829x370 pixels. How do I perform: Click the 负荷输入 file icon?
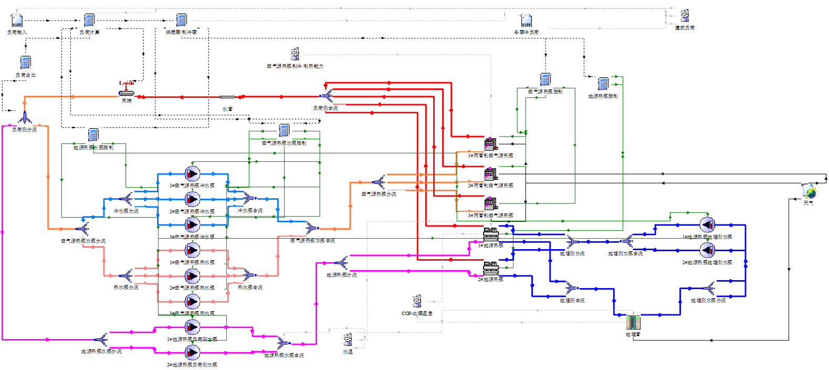17,21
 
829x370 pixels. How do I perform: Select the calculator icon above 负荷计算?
89,20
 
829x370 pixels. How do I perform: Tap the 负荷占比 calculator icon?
25,63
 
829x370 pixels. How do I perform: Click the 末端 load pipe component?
127,94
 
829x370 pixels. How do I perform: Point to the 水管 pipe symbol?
227,97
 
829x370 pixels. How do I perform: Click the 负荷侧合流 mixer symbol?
326,96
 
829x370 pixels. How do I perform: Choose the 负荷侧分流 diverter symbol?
25,118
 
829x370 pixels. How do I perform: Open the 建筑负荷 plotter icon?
685,16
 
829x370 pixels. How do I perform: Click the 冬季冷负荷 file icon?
526,20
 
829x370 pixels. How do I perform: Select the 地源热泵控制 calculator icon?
603,84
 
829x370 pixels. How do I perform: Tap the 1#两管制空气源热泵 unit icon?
490,144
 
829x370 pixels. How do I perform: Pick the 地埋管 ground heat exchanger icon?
633,322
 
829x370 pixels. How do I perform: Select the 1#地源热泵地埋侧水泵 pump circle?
707,225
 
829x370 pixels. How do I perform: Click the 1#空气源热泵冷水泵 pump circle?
192,173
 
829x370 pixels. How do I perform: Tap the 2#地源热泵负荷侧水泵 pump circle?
192,352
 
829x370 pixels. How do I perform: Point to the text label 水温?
348,352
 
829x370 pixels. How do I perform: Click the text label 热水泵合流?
250,287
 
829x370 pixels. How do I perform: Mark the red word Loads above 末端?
127,83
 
